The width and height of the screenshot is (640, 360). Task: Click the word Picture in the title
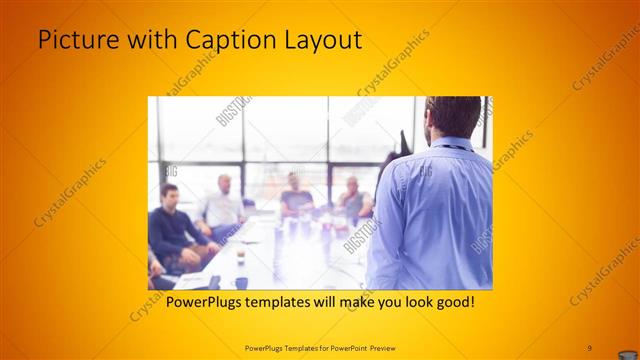[x=76, y=40]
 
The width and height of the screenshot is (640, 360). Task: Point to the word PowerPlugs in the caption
[x=204, y=301]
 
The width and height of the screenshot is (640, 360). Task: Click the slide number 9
[x=589, y=346]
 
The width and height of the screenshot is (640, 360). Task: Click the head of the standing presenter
[x=451, y=115]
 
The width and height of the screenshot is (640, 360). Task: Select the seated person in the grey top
[x=295, y=196]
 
